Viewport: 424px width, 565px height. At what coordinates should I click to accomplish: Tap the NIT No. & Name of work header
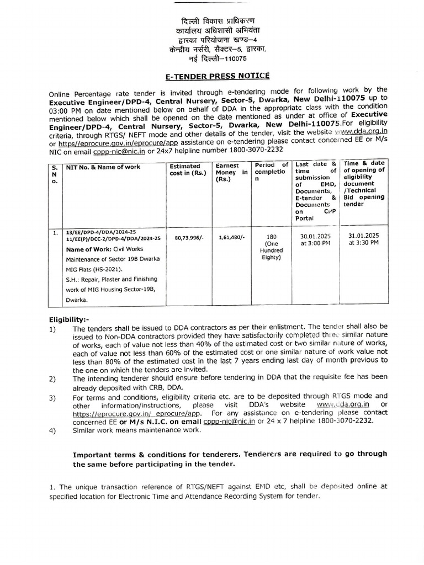click(x=103, y=167)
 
